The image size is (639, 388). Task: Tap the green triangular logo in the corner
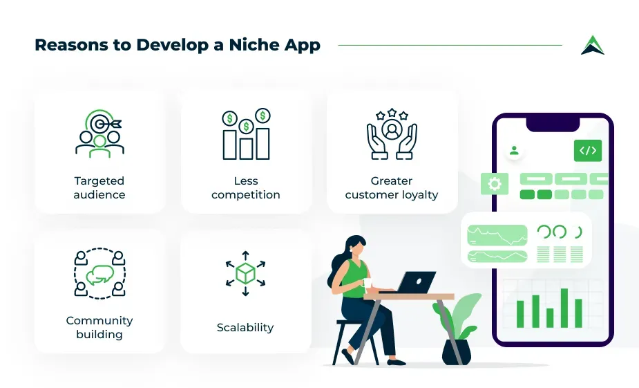tap(593, 45)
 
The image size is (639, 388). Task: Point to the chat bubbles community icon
tap(100, 273)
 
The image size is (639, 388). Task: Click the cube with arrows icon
tap(245, 273)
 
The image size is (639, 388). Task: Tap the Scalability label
tap(245, 327)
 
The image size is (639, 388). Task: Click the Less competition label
tap(246, 187)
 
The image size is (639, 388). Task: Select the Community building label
tap(99, 327)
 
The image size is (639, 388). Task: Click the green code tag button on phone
tap(588, 151)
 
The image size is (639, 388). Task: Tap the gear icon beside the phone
tap(495, 183)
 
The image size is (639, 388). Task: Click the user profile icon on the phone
tap(514, 151)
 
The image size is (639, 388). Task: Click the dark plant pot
tap(457, 352)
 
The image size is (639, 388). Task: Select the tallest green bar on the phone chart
tap(564, 308)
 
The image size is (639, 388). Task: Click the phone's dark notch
tap(553, 124)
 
